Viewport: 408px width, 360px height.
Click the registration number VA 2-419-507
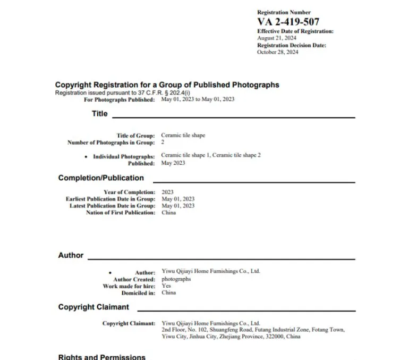[x=288, y=22]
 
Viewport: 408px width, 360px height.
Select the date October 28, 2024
[x=277, y=52]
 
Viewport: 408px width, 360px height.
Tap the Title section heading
[x=99, y=114]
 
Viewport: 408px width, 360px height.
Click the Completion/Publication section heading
[x=101, y=178]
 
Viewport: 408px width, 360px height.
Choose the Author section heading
[x=71, y=255]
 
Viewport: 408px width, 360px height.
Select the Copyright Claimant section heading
[x=93, y=307]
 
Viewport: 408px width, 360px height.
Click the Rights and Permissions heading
[x=101, y=357]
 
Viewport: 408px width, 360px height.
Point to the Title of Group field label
[x=136, y=136]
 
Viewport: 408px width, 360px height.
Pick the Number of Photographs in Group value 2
[x=163, y=143]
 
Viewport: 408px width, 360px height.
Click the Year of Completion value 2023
[x=167, y=192]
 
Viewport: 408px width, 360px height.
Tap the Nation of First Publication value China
[x=168, y=213]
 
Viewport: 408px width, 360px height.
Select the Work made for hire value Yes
[x=166, y=286]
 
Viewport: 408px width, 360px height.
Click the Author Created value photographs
[x=176, y=279]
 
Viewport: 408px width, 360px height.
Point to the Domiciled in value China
[x=168, y=292]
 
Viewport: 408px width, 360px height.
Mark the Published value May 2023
[x=173, y=163]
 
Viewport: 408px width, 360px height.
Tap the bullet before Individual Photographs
[x=86, y=157]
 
